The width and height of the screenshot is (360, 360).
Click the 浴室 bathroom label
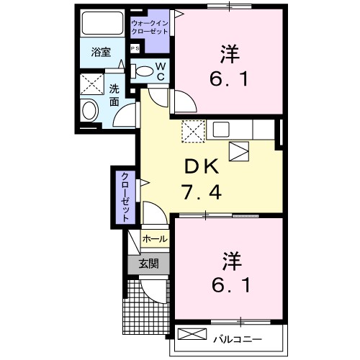100,53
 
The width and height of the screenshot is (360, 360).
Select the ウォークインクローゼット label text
150,28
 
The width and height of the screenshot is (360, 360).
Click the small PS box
135,48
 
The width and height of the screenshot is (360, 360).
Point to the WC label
161,71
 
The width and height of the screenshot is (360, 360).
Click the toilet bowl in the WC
144,71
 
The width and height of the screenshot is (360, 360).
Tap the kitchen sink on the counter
220,130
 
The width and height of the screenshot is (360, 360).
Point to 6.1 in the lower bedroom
230,286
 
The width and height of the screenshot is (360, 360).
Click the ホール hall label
155,238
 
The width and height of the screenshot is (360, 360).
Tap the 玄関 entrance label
148,263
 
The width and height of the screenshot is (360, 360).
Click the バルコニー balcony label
237,338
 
